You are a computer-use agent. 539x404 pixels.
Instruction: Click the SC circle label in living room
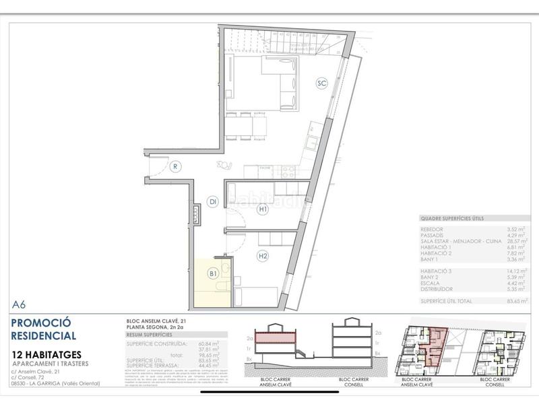tap(322, 83)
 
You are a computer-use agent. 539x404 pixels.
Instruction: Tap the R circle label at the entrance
tap(174, 167)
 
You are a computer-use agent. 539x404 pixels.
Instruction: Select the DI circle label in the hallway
tap(212, 201)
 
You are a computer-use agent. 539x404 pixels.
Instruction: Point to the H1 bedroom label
tap(263, 209)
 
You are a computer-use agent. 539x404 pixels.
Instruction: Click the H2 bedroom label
tap(263, 256)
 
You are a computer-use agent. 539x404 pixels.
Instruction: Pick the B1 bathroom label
tap(212, 273)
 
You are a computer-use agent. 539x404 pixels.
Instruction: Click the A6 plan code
tap(20, 304)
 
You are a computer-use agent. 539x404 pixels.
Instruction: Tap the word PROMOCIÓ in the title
tap(41, 323)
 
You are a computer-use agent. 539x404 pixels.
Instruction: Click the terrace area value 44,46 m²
tap(214, 365)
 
